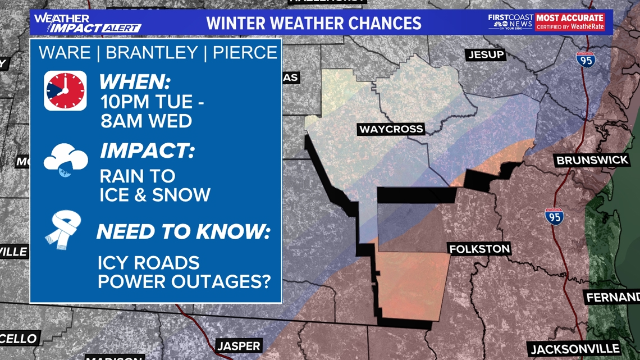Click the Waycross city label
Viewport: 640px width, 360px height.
click(x=391, y=130)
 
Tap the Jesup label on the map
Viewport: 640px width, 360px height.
click(x=486, y=54)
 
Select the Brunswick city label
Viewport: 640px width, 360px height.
click(x=592, y=160)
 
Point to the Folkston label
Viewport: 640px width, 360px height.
click(x=479, y=248)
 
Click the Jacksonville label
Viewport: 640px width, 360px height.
click(x=574, y=349)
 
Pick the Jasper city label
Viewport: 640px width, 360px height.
click(x=239, y=345)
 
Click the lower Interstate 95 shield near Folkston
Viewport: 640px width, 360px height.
click(x=554, y=216)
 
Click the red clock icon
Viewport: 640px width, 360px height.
click(x=65, y=90)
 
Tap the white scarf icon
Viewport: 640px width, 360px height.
click(x=63, y=229)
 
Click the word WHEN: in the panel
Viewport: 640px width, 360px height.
click(x=135, y=83)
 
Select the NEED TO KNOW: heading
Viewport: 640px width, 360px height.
click(x=183, y=232)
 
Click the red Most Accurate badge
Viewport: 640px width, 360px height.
click(x=570, y=22)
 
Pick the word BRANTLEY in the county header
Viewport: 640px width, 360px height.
click(x=152, y=53)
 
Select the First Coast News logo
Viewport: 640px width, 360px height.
click(x=510, y=22)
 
